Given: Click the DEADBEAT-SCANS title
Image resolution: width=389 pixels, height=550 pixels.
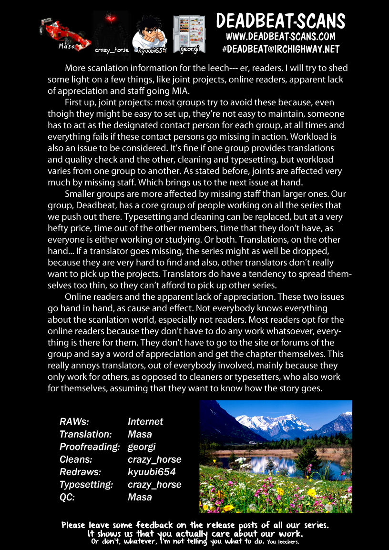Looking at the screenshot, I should click(280, 21).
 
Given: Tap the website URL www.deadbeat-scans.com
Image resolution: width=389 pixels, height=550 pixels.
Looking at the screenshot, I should click(280, 37).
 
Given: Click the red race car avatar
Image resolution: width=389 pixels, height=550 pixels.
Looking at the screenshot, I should click(65, 31).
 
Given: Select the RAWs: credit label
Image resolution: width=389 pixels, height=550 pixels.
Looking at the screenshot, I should click(74, 421).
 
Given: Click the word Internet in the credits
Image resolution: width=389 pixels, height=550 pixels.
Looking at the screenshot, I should click(145, 421).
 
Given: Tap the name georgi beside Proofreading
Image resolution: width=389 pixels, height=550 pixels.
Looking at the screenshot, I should click(142, 447).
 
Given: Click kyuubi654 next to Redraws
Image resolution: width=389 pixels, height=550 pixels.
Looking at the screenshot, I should click(152, 472).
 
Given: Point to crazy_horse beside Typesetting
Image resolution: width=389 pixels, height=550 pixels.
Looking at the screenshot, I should click(154, 484).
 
